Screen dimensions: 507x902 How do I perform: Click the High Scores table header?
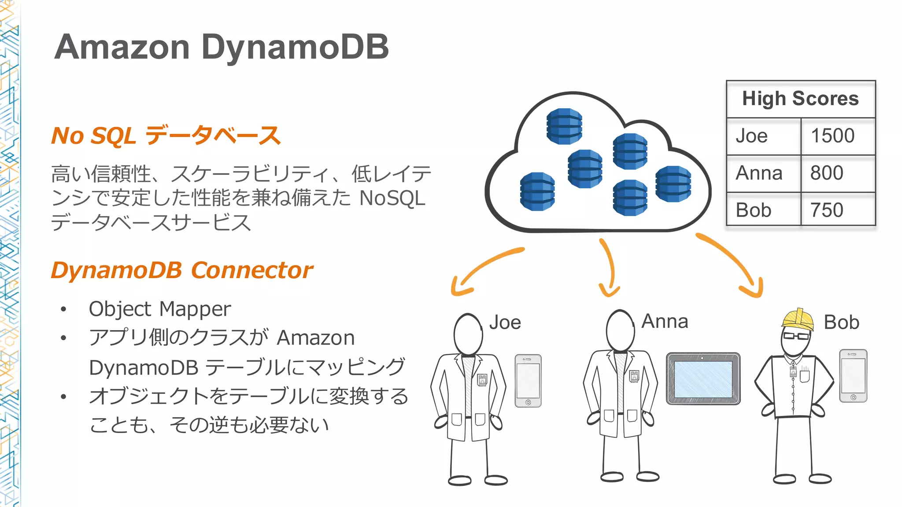800,99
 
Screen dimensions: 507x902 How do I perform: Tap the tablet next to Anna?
703,378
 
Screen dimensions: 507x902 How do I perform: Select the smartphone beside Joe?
528,381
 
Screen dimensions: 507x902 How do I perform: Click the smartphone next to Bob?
853,375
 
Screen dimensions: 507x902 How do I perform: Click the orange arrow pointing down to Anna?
610,268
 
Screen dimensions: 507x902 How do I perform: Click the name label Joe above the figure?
505,323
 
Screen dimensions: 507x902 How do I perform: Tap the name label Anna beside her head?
665,321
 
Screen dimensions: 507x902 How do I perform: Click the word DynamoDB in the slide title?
295,47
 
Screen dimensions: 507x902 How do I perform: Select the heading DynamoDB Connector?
181,270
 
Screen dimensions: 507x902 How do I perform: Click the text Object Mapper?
159,309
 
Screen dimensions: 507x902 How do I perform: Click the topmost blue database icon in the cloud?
564,126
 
